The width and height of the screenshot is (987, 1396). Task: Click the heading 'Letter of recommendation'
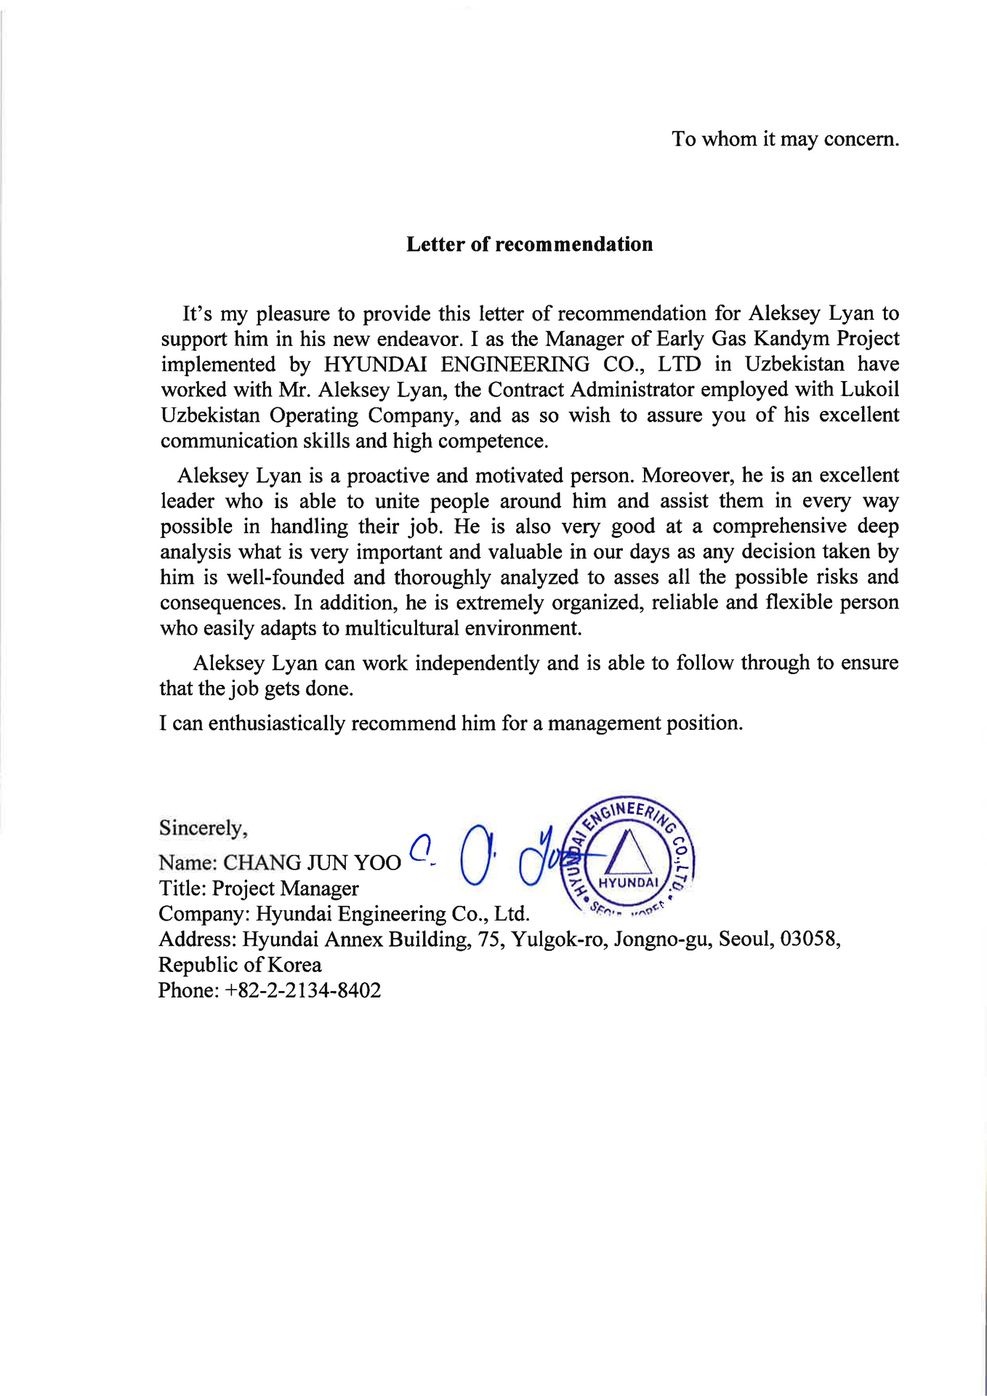click(x=529, y=244)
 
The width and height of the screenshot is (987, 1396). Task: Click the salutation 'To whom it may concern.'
click(x=785, y=139)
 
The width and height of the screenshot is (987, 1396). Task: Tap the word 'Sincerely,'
click(x=204, y=828)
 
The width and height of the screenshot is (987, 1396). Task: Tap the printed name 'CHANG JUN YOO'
click(x=312, y=863)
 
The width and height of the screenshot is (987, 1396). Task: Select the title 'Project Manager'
click(x=286, y=888)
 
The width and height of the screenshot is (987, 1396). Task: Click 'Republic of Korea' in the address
click(x=240, y=966)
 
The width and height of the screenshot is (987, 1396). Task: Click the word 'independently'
click(x=477, y=663)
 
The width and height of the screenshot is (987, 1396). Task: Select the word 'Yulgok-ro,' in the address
click(x=560, y=939)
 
